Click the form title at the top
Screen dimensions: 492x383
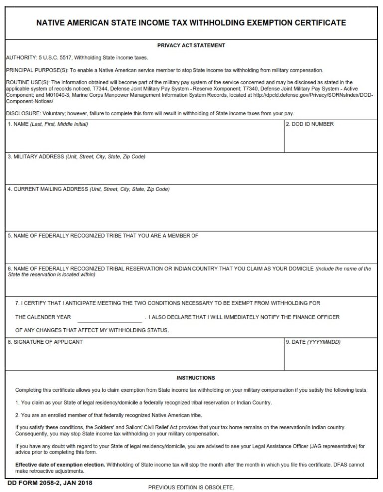tap(191, 23)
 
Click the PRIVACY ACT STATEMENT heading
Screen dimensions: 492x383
tap(191, 46)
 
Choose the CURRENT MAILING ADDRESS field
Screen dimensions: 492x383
tap(191, 212)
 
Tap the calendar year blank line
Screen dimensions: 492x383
tap(109, 318)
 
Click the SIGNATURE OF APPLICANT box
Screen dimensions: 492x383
tap(145, 357)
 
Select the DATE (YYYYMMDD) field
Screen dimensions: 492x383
tap(330, 357)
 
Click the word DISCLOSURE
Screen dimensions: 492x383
tap(21, 113)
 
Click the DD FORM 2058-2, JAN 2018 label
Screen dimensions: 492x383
tap(50, 483)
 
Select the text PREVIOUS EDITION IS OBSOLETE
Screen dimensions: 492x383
tap(191, 487)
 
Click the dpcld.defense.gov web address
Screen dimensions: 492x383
tap(299, 95)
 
